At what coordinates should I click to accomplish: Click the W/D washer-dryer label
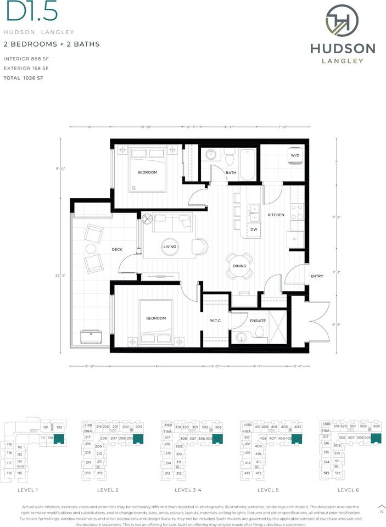click(294, 155)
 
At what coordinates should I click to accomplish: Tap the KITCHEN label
click(276, 215)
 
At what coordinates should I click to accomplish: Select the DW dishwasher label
click(254, 229)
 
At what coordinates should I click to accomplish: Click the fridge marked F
click(294, 239)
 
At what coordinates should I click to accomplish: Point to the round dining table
click(240, 266)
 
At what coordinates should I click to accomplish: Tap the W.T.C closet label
click(215, 321)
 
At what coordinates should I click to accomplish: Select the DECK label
click(116, 250)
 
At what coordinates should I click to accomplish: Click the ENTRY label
click(317, 276)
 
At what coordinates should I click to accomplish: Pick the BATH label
click(231, 173)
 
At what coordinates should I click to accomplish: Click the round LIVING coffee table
click(170, 247)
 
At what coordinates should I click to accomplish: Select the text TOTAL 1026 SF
click(23, 79)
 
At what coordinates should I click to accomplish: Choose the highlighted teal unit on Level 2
click(138, 438)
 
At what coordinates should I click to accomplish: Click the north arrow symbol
click(382, 506)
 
